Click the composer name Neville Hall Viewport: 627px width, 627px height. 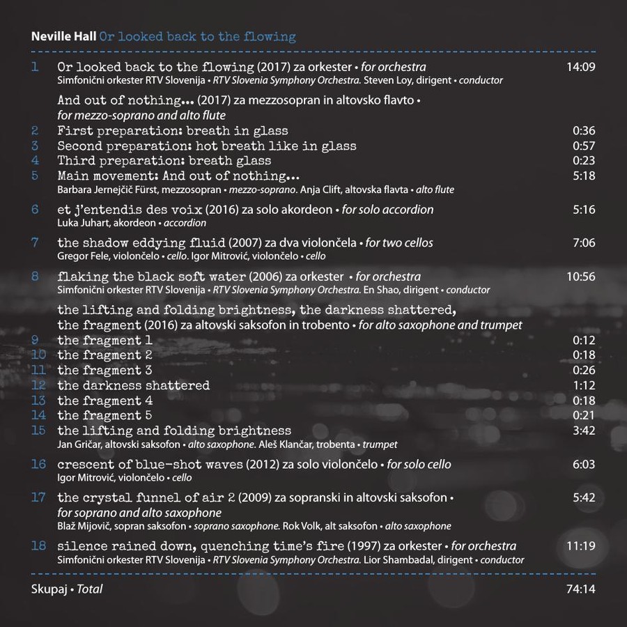pyautogui.click(x=63, y=37)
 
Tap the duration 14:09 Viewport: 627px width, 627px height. pyautogui.click(x=580, y=67)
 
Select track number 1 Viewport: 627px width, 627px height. pyautogui.click(x=35, y=67)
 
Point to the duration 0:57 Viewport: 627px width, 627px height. pyautogui.click(x=584, y=146)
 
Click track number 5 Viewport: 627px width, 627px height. pyautogui.click(x=35, y=176)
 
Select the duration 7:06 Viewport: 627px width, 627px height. pyautogui.click(x=584, y=242)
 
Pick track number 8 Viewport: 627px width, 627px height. pyautogui.click(x=35, y=277)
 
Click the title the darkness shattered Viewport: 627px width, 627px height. pyautogui.click(x=133, y=385)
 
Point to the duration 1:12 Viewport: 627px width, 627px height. pyautogui.click(x=584, y=385)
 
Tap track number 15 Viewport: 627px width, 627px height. pyautogui.click(x=38, y=431)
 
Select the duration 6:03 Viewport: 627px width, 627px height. pyautogui.click(x=584, y=464)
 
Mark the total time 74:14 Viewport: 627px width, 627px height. pyautogui.click(x=581, y=589)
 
